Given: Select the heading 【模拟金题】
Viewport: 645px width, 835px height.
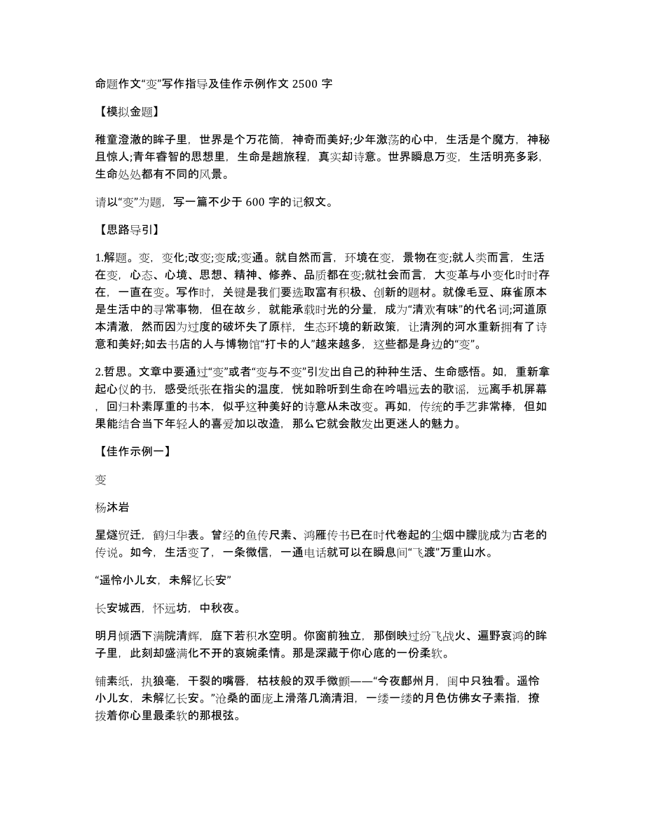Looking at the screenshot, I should pyautogui.click(x=126, y=111).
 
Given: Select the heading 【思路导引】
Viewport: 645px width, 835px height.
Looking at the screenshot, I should pyautogui.click(x=126, y=229).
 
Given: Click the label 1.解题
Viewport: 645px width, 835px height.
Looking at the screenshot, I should pyautogui.click(x=113, y=256).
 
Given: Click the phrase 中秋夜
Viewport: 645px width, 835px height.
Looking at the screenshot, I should pyautogui.click(x=218, y=607).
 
